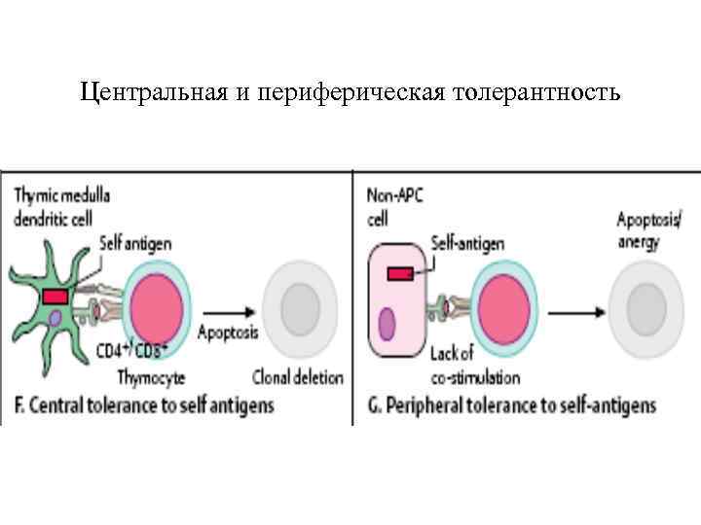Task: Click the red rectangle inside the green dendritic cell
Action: pyautogui.click(x=55, y=296)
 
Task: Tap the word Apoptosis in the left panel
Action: pyautogui.click(x=229, y=332)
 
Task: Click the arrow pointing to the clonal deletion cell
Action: pyautogui.click(x=234, y=311)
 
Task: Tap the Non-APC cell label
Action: pyautogui.click(x=391, y=206)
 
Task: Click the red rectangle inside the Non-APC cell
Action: pyautogui.click(x=400, y=274)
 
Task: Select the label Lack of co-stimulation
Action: pyautogui.click(x=474, y=368)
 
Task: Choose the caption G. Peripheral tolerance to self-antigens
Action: pyautogui.click(x=513, y=404)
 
